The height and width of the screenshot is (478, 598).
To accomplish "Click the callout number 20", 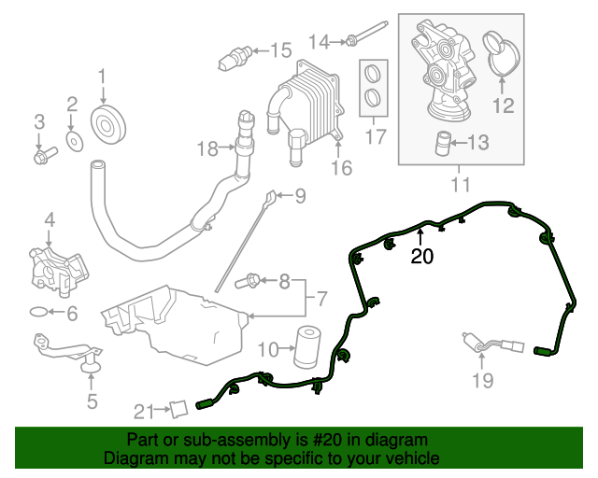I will tap(422, 256).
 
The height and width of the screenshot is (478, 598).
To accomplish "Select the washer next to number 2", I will tap(73, 141).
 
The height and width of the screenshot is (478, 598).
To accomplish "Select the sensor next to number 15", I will tap(231, 58).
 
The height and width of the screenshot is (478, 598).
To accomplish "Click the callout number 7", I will tap(320, 300).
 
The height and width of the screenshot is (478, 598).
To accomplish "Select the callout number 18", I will tap(206, 148).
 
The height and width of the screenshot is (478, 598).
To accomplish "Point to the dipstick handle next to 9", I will tap(270, 197).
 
